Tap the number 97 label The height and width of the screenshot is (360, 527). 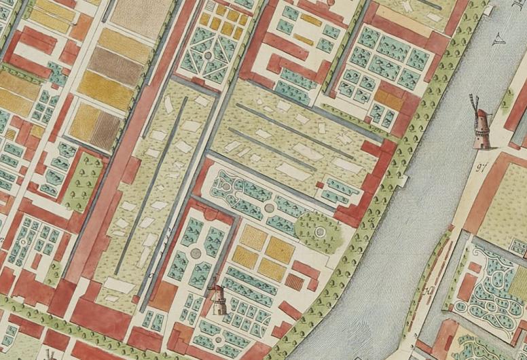coord(484,166)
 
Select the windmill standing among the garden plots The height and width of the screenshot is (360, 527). coord(217,300)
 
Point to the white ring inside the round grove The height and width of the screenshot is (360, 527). coord(319,232)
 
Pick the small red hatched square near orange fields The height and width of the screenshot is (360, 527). coord(294,280)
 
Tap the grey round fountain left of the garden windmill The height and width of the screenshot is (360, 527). coord(196,253)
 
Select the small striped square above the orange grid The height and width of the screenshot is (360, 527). coord(220,10)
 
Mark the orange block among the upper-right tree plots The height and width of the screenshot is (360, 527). coord(390,100)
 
